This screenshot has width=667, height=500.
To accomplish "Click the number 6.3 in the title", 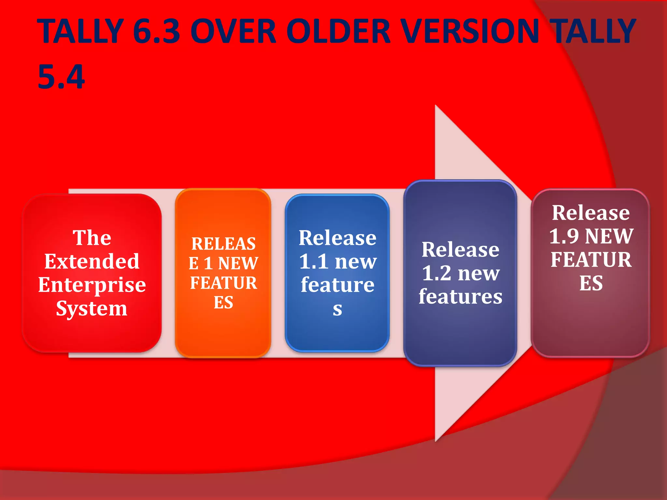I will [x=157, y=31].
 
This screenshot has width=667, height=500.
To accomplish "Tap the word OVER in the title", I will [x=233, y=31].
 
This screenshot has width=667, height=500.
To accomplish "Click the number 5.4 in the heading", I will [x=61, y=77].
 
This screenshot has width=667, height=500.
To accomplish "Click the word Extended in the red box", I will [x=92, y=261].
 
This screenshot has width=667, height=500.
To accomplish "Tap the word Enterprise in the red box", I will [x=92, y=285].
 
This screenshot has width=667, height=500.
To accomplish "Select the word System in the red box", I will [x=92, y=309].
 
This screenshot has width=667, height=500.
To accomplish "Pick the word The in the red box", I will [x=92, y=238].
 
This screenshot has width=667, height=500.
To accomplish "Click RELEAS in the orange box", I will [x=223, y=244].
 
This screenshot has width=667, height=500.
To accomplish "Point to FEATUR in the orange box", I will [x=223, y=283].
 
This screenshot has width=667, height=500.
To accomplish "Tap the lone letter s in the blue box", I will [x=337, y=309].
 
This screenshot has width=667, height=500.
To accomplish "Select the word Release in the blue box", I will [x=337, y=238].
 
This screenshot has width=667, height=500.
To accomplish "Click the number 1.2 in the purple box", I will [x=437, y=273].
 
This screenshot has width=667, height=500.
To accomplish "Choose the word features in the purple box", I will [x=460, y=297].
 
